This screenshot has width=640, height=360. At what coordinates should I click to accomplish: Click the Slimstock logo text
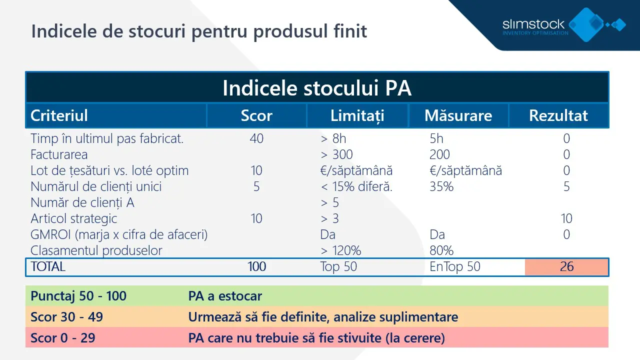533,24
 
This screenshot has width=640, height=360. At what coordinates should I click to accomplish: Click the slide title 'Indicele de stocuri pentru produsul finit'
199,31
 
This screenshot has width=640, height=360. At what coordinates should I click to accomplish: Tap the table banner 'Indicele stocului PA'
317,88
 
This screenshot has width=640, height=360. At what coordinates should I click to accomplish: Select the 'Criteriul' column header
59,115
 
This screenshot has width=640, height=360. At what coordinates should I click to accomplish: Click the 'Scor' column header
256,115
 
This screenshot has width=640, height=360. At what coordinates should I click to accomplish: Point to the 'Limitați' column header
357,115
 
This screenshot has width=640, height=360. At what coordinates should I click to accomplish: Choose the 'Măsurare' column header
458,115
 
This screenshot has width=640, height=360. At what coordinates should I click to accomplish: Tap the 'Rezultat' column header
558,115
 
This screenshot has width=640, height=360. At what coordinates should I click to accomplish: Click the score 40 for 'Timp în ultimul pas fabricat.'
256,138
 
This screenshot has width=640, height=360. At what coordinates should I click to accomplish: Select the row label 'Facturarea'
59,154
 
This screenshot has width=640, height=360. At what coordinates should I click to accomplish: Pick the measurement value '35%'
441,186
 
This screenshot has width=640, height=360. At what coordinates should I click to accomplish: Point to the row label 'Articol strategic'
73,218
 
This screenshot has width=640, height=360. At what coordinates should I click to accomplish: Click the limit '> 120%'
340,250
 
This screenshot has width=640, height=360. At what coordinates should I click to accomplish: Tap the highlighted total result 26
566,266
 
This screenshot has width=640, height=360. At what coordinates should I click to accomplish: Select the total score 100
257,266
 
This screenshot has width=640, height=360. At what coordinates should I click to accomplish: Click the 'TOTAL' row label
48,266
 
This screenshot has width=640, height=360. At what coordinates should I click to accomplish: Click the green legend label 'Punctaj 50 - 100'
78,296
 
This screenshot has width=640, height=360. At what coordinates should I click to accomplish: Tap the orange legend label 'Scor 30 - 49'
66,317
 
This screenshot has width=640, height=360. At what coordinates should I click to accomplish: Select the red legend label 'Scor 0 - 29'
62,338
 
